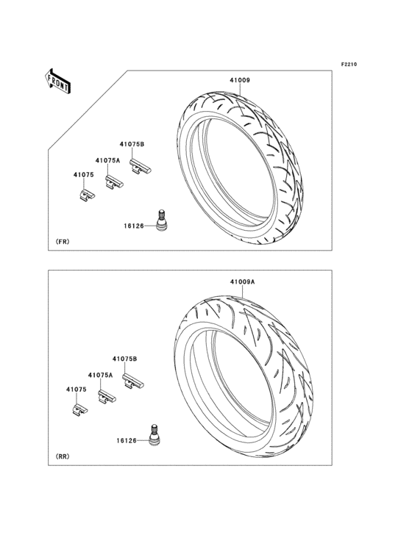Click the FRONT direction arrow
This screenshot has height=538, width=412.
point(57,81)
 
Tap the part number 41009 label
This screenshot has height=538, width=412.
point(240,80)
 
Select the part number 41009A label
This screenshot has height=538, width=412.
point(242,281)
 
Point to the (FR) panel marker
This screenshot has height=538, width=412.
point(62,242)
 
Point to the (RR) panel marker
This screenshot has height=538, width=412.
point(62,456)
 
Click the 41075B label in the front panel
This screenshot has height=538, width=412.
point(132,145)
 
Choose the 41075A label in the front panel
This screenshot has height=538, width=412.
point(108,160)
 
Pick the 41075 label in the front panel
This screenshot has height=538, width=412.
point(83,175)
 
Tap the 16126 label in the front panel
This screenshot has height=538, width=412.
point(134,226)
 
